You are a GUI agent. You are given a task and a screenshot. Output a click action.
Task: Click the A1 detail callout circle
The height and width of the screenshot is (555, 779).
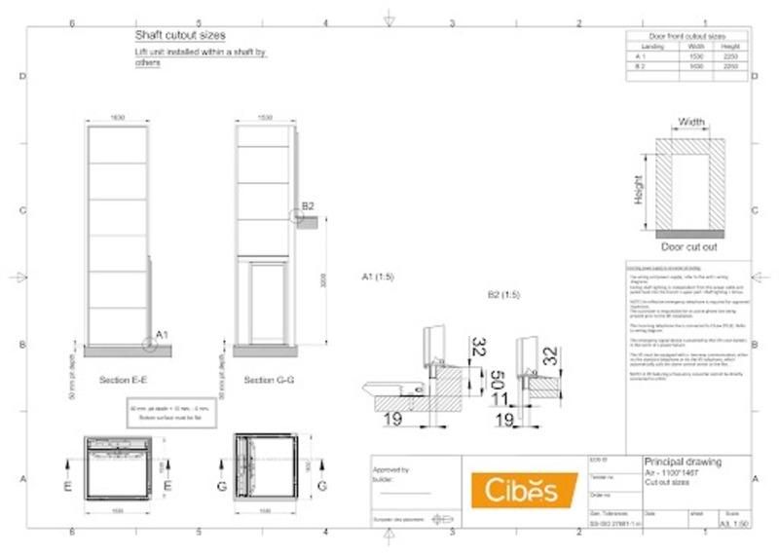point(149,342)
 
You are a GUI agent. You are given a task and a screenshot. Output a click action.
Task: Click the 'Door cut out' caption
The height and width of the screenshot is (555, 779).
point(688,247)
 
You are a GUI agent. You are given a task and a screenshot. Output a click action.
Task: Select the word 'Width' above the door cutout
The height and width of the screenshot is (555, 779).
point(691,123)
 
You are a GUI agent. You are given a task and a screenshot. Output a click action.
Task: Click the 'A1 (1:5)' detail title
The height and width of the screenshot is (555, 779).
point(378,277)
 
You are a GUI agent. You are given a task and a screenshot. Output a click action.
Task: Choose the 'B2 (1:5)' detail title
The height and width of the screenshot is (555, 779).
point(503,293)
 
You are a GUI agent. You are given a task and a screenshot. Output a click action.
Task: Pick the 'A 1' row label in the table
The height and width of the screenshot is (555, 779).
point(641,56)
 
